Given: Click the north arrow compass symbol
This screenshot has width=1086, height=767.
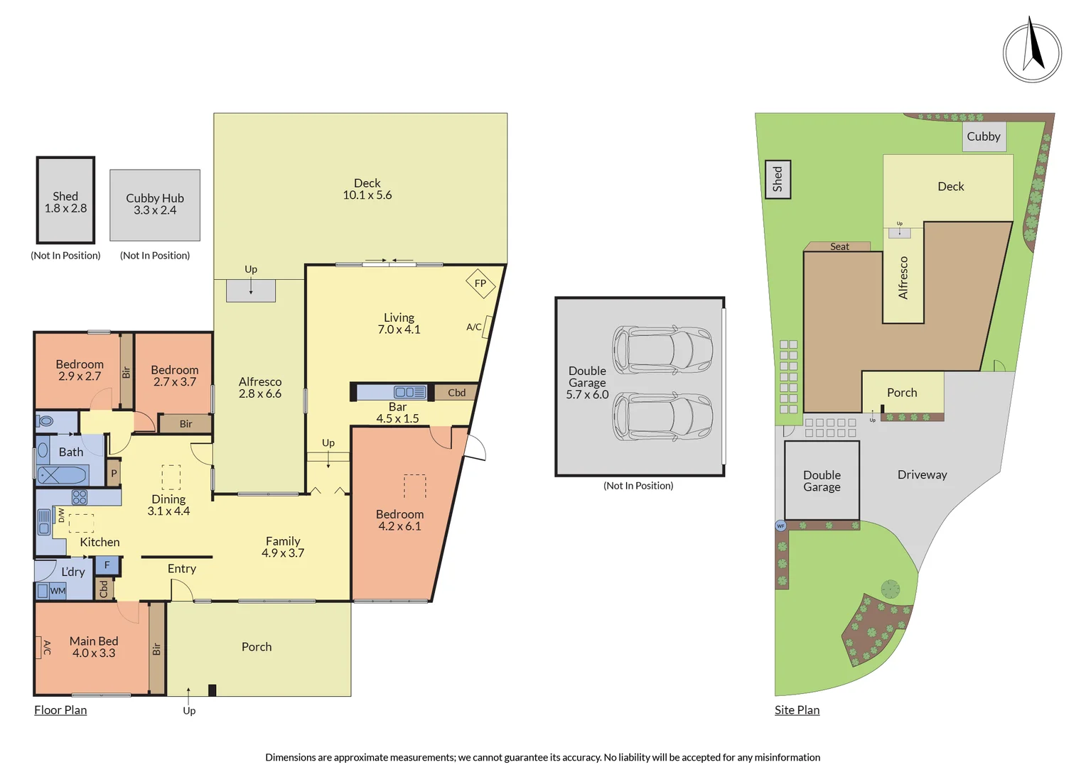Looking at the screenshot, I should [x=1032, y=52].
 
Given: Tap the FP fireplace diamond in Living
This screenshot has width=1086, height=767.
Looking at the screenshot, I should [x=480, y=283].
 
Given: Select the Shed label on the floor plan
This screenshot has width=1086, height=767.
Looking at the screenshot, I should [x=65, y=202].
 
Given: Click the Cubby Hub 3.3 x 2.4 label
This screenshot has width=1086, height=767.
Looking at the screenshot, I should [x=155, y=204].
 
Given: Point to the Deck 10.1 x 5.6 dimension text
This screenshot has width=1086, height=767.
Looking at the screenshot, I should [x=367, y=189].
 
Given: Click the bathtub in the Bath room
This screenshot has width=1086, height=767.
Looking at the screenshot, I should [x=63, y=474].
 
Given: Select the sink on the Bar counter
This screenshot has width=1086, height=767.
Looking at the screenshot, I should [x=409, y=392].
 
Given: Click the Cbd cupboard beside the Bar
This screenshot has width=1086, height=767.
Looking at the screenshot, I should [x=456, y=392].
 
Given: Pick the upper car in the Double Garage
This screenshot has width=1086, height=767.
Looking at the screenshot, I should [x=662, y=349].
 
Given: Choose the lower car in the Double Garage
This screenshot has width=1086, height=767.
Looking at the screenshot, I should [x=662, y=416].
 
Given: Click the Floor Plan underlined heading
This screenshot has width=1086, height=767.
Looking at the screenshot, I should [x=60, y=710].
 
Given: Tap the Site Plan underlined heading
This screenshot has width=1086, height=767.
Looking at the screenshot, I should [x=797, y=710].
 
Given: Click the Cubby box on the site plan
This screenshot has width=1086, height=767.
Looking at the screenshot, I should [x=984, y=136].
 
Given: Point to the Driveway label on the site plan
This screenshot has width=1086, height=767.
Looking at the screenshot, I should [x=922, y=474].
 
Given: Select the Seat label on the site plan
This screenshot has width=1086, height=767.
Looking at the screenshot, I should [x=839, y=246].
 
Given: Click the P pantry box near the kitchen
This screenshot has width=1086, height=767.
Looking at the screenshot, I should [x=114, y=473].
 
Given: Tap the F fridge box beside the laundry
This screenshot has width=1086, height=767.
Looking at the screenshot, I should [x=107, y=565].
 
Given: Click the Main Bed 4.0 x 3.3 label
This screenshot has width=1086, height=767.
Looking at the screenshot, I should [x=94, y=647].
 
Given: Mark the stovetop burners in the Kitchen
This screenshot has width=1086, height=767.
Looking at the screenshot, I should [x=80, y=497].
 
